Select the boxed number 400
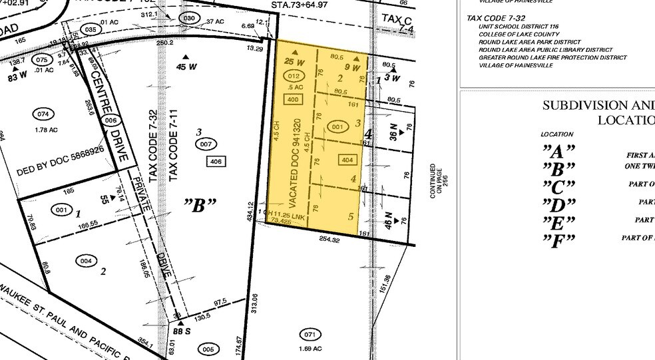[292, 99]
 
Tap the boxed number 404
[347, 160]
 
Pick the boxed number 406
[214, 162]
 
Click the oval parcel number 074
[44, 114]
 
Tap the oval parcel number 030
[190, 18]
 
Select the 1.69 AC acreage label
[310, 348]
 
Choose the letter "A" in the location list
[558, 152]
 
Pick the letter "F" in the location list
[558, 240]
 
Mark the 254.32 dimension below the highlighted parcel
[329, 240]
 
